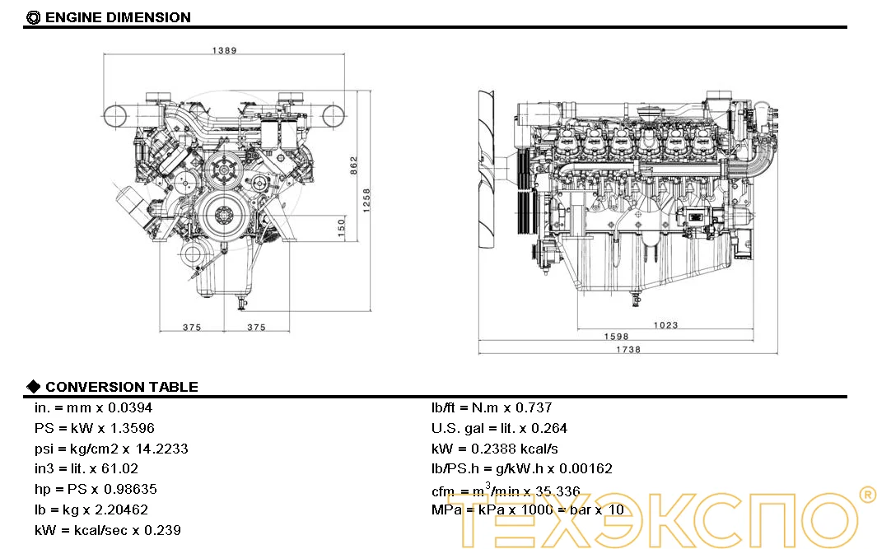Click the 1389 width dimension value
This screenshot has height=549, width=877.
coord(224,50)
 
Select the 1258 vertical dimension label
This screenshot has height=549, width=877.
coord(367,200)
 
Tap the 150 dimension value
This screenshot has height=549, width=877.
coord(341,228)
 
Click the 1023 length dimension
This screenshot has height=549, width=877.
coord(665,325)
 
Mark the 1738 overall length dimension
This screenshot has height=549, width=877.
coord(627,349)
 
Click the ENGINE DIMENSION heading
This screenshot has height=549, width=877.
coord(117,17)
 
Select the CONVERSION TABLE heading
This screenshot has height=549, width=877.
coord(121,387)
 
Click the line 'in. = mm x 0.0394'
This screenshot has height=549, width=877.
coord(93,407)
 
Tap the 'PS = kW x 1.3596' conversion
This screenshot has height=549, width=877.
coord(94,428)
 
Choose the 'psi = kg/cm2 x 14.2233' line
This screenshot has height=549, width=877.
coord(111,449)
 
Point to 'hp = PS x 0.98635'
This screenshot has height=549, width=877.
coord(96,489)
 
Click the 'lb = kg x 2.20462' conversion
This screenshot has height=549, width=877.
coord(91,509)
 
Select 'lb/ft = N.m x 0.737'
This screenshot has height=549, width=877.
coord(492,407)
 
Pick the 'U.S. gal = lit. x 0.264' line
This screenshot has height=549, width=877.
coord(499,428)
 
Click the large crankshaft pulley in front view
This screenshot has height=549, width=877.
coord(222,216)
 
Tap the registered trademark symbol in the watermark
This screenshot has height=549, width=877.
coord(866,494)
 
